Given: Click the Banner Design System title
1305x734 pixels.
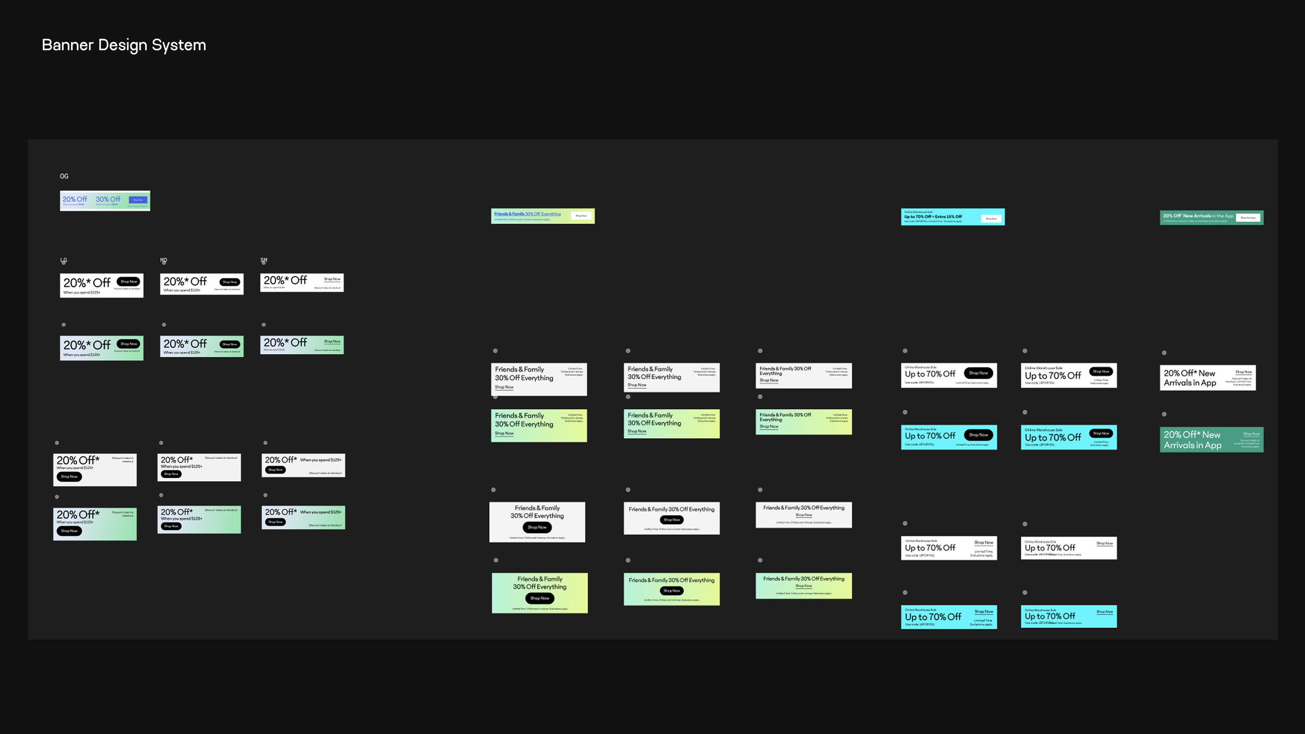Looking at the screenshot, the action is pyautogui.click(x=124, y=45).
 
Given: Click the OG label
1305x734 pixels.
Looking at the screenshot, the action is pyautogui.click(x=64, y=176).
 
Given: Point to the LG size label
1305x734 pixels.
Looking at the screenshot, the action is pyautogui.click(x=64, y=260).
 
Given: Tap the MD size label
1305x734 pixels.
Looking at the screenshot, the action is pyautogui.click(x=163, y=260).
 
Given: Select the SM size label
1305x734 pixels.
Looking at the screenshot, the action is pyautogui.click(x=264, y=260).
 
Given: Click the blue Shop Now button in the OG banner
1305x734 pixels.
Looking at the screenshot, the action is pyautogui.click(x=138, y=200).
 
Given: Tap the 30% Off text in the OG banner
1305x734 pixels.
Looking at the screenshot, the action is pyautogui.click(x=108, y=199).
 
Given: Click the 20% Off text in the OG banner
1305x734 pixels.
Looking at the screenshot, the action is pyautogui.click(x=75, y=199).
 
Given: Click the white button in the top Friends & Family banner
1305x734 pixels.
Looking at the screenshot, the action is pyautogui.click(x=581, y=216).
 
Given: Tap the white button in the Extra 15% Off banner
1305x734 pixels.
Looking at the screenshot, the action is pyautogui.click(x=991, y=219).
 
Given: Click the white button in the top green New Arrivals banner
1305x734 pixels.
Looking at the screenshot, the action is pyautogui.click(x=1248, y=218).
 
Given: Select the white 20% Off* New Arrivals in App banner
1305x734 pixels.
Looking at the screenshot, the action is pyautogui.click(x=1207, y=378).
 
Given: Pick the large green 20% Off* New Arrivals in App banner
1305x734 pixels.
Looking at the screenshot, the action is pyautogui.click(x=1211, y=440).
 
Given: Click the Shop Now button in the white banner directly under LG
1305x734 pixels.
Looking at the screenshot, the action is pyautogui.click(x=128, y=281).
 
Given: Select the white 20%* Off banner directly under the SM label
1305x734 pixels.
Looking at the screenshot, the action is pyautogui.click(x=302, y=282).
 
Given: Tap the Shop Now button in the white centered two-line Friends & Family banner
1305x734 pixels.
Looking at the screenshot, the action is pyautogui.click(x=537, y=527).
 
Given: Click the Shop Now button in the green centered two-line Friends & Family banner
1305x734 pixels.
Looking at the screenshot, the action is pyautogui.click(x=539, y=598).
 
